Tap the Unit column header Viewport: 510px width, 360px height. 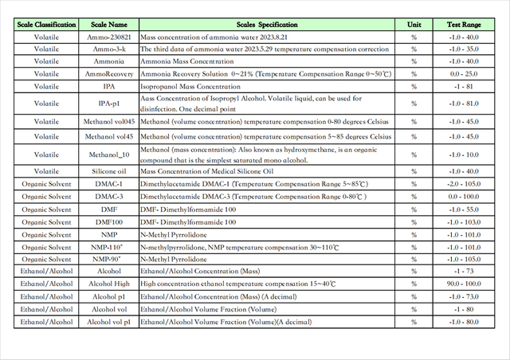tap(414, 25)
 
